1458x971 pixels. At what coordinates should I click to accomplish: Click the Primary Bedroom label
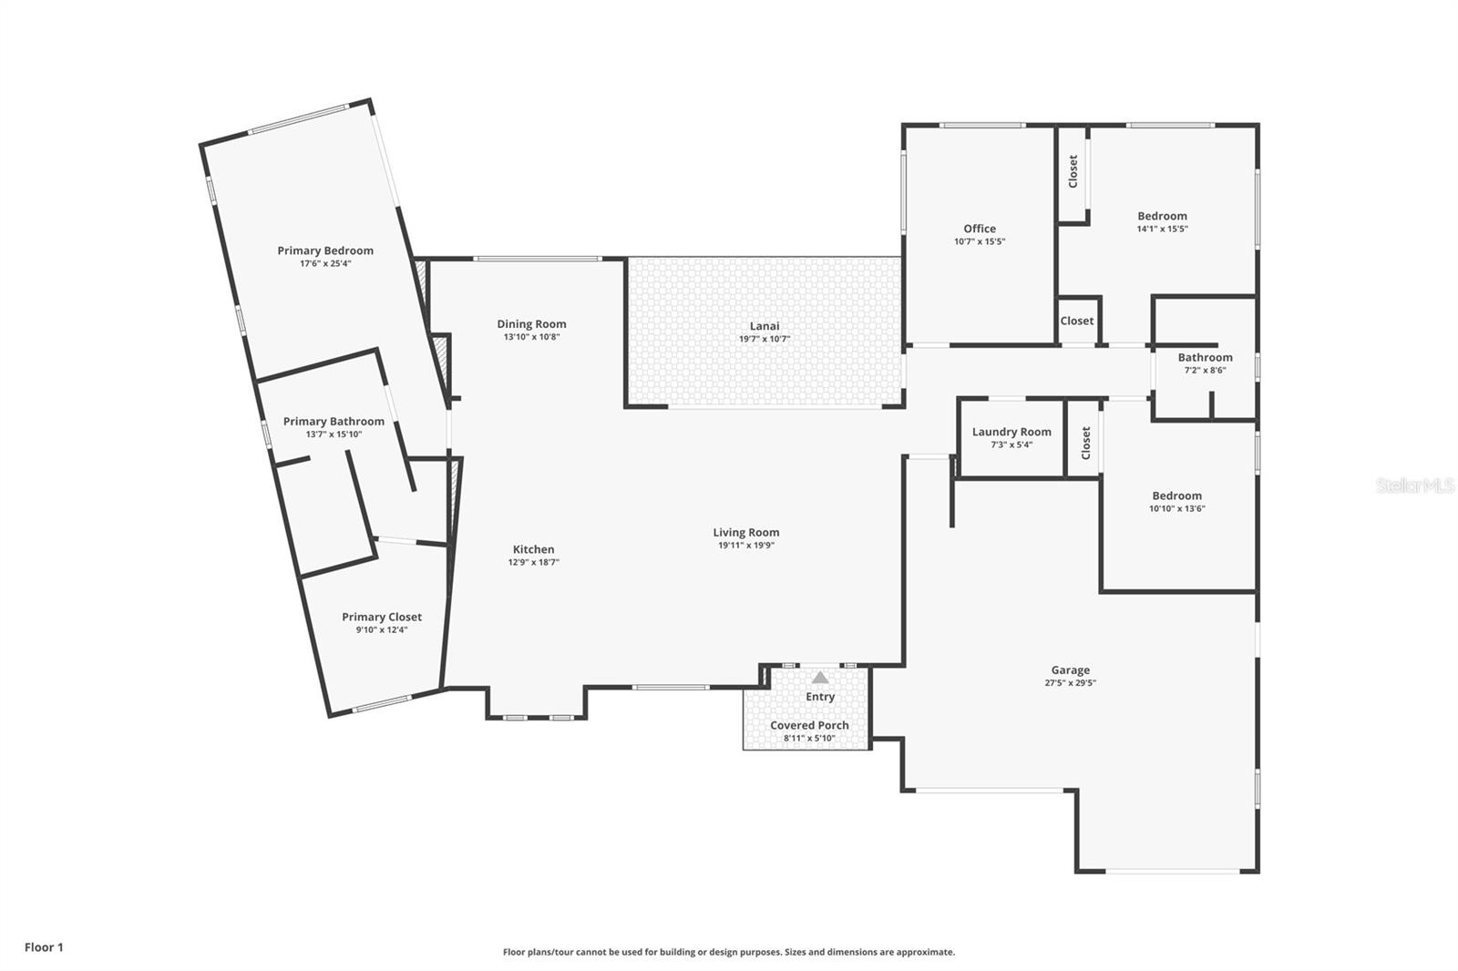[x=325, y=250]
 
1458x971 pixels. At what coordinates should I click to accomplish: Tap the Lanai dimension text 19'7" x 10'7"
[x=764, y=339]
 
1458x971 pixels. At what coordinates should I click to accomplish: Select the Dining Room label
[x=531, y=323]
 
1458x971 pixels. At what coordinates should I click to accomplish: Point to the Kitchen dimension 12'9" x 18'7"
[x=533, y=562]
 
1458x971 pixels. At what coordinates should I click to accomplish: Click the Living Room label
[x=745, y=532]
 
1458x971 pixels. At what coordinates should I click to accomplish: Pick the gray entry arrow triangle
[x=820, y=678]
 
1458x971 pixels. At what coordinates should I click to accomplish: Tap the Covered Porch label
[x=809, y=725]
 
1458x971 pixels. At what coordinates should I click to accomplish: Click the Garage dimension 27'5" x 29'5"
[x=1070, y=682]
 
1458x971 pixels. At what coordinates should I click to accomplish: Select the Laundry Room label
[x=1011, y=432]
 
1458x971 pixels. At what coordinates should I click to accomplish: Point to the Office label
[x=980, y=229]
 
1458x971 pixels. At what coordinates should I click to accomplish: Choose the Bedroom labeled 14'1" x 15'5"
[x=1162, y=216]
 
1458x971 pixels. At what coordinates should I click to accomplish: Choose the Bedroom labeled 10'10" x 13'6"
[x=1176, y=496]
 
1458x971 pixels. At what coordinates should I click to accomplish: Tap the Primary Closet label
[x=381, y=617]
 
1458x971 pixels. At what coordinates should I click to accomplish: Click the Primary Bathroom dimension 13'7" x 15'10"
[x=334, y=434]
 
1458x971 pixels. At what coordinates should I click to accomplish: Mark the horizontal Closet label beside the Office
[x=1076, y=321]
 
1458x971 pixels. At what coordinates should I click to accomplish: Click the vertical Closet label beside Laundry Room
[x=1085, y=443]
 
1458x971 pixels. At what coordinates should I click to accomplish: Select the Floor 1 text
[x=44, y=947]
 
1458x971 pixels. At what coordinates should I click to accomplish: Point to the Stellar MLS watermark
[x=1414, y=485]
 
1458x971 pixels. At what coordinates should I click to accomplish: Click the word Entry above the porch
[x=820, y=697]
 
